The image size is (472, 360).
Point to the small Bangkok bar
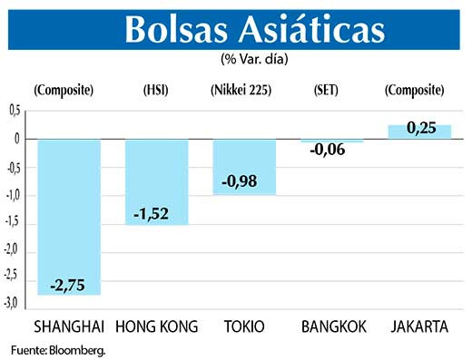[x=331, y=141]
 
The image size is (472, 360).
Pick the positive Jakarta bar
[x=419, y=132]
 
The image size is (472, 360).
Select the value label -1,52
[x=156, y=216]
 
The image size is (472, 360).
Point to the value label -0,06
[x=331, y=151]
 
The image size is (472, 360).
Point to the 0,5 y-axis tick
[x=14, y=111]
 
